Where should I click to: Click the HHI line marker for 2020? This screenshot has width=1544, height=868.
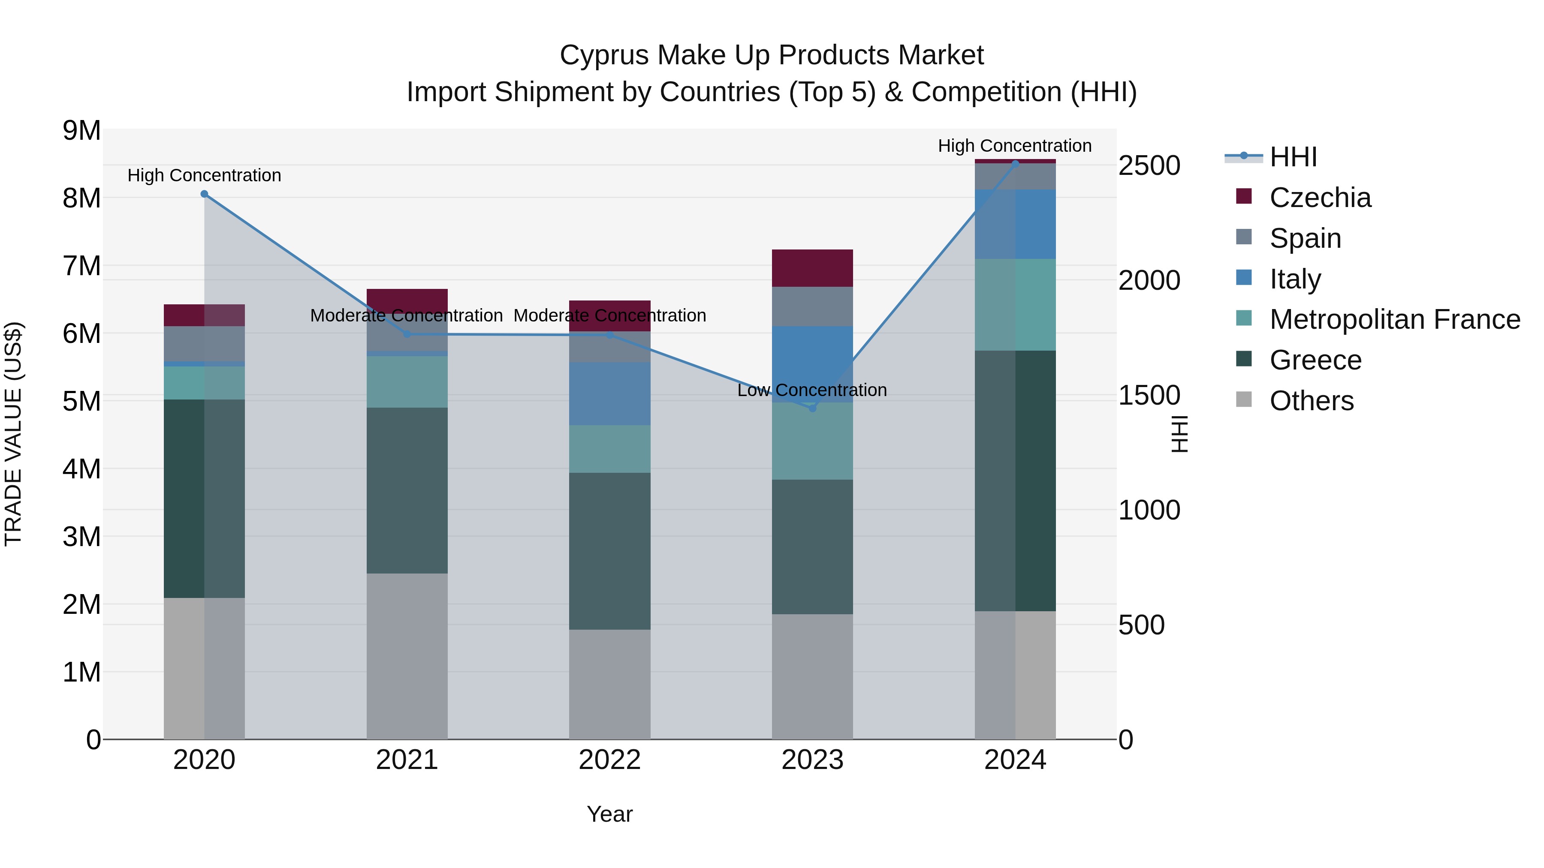[x=205, y=194]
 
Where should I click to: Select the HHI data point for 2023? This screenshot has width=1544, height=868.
[x=813, y=408]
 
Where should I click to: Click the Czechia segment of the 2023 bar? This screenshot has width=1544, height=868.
[x=812, y=268]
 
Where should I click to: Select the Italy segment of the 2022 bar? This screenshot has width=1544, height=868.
[x=609, y=393]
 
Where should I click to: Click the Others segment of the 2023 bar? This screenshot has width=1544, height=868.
[x=812, y=676]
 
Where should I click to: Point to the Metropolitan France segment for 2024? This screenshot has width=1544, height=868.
[x=1015, y=304]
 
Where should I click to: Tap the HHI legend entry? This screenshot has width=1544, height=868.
[x=1293, y=157]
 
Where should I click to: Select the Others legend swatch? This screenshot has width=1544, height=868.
[x=1244, y=399]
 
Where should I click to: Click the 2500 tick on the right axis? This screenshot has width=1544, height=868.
[x=1149, y=166]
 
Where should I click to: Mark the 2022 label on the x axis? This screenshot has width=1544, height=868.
[x=609, y=760]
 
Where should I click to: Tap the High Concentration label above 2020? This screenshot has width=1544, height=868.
[x=205, y=175]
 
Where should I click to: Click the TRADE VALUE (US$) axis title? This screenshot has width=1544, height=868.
[x=14, y=434]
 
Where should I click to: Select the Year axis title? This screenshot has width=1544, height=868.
[x=609, y=814]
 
